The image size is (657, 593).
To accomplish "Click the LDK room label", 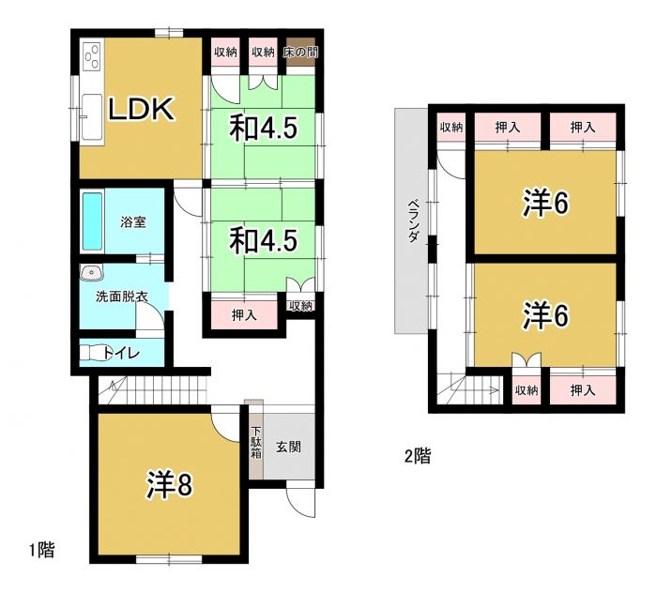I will pyautogui.click(x=141, y=110).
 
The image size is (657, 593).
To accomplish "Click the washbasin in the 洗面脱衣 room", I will pyautogui.click(x=90, y=274).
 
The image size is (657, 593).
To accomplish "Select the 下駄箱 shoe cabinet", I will pyautogui.click(x=255, y=443).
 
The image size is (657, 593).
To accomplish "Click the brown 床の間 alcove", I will pyautogui.click(x=300, y=53).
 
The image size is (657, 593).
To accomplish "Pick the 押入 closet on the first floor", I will pyautogui.click(x=243, y=315).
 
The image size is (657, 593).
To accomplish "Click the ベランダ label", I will pyautogui.click(x=412, y=221).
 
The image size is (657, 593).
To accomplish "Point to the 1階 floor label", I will pyautogui.click(x=41, y=551).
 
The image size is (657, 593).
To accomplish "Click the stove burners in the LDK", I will pyautogui.click(x=91, y=58).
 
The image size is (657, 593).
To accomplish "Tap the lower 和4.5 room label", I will pyautogui.click(x=264, y=240).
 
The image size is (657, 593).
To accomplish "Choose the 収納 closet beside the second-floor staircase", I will pyautogui.click(x=526, y=389).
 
